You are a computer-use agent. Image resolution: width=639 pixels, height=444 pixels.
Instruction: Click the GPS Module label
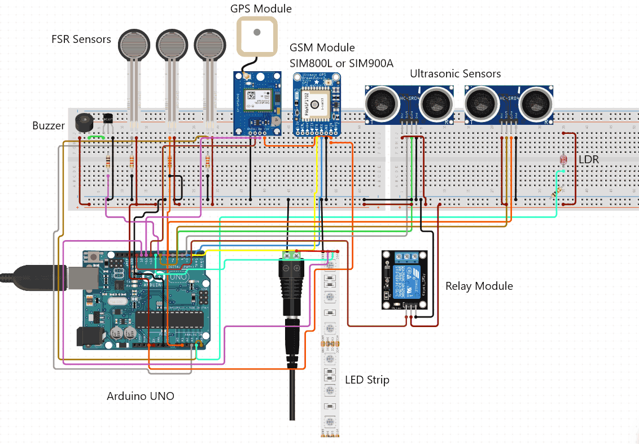click(x=261, y=9)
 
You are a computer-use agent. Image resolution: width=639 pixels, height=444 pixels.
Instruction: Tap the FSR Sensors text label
click(x=81, y=39)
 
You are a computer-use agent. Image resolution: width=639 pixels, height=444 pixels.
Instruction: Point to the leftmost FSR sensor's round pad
click(x=134, y=45)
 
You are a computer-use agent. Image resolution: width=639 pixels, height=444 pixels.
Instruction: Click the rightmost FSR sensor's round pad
click(x=212, y=45)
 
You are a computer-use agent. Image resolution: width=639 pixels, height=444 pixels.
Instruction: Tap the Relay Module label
click(x=479, y=286)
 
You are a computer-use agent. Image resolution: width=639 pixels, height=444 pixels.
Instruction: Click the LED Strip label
click(x=367, y=380)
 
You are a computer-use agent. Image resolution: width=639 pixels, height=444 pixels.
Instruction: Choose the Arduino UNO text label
click(x=141, y=396)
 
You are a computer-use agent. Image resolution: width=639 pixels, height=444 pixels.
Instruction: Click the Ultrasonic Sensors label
click(x=455, y=73)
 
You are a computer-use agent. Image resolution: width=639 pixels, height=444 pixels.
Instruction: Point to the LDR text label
click(x=588, y=160)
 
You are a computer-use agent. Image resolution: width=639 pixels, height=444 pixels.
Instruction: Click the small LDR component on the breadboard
click(x=563, y=160)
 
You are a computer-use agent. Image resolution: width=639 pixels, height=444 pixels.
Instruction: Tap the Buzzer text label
click(x=48, y=125)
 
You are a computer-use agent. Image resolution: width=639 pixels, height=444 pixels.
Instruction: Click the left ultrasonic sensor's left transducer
click(x=382, y=102)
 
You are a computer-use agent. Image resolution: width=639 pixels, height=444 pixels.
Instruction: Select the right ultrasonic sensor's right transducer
click(x=536, y=102)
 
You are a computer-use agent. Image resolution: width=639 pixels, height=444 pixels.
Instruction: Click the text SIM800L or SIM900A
click(x=341, y=63)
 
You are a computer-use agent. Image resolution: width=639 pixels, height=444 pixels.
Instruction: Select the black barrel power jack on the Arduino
click(x=90, y=337)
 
